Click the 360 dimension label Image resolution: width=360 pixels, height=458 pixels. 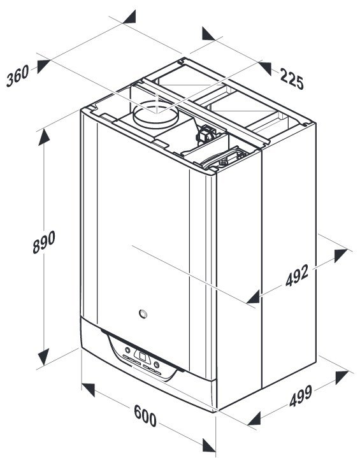click(x=18, y=76)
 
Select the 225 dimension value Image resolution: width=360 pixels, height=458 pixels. click(x=292, y=78)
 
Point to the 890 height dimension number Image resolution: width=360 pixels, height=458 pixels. click(x=44, y=242)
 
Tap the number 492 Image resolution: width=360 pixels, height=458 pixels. click(x=297, y=275)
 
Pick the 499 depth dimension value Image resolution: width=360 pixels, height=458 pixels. click(x=301, y=396)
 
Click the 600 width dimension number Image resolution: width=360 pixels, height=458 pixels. click(x=145, y=416)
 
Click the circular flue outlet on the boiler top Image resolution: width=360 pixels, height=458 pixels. click(x=155, y=115)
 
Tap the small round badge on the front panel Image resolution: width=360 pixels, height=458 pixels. click(x=143, y=313)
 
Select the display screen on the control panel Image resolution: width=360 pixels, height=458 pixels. click(x=143, y=357)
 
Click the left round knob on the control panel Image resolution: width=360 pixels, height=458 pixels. click(x=127, y=350)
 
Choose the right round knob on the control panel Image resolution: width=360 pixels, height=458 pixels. click(x=157, y=364)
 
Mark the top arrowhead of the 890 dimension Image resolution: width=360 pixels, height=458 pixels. click(x=44, y=137)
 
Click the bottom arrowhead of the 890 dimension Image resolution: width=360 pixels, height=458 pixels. click(x=44, y=357)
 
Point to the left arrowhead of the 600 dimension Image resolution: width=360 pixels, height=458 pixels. click(x=88, y=390)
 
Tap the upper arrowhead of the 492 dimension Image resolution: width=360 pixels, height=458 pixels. click(x=341, y=255)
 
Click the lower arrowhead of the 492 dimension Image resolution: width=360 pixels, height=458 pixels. click(x=253, y=297)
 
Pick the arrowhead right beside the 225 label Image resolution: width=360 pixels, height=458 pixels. click(x=264, y=68)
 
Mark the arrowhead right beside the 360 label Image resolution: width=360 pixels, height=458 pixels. click(x=44, y=66)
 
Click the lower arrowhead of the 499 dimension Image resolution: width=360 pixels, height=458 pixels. click(x=254, y=419)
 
